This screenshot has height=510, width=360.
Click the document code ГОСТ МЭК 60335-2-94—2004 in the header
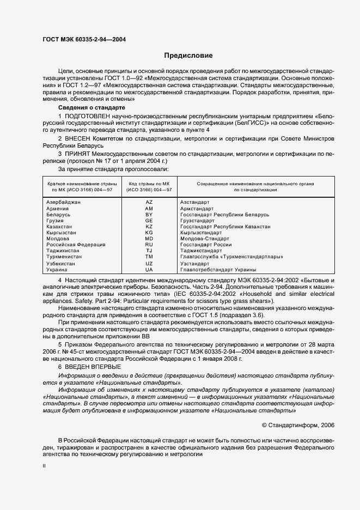pos(85,38)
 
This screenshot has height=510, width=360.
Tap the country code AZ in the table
pos(149,202)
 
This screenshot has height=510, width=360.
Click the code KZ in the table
pos(149,227)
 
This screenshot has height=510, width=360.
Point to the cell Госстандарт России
pos(203,245)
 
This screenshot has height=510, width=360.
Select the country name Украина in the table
pos(57,269)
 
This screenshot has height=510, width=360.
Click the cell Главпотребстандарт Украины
pos(215,269)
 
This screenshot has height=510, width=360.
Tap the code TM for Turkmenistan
pos(149,257)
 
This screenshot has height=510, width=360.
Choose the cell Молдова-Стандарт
pos(204,239)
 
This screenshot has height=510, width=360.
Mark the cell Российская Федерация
pos(72,245)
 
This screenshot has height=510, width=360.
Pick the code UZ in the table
pos(149,263)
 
